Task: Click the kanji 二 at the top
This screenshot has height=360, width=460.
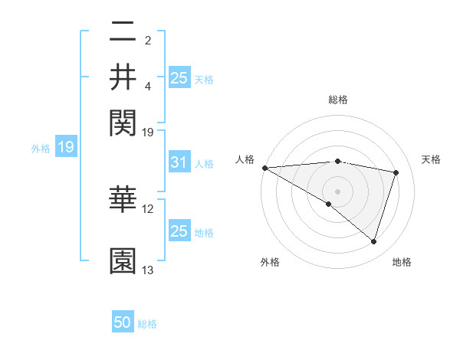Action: (x=123, y=33)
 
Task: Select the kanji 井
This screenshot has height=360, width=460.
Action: (x=123, y=77)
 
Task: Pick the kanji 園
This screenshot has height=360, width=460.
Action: (x=123, y=261)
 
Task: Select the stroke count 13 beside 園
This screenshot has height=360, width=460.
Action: (x=148, y=270)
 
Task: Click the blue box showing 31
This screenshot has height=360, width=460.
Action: (x=179, y=163)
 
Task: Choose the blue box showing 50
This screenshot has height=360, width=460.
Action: (x=123, y=322)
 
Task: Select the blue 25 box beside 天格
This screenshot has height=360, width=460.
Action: (x=179, y=78)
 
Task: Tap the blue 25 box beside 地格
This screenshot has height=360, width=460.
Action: (x=179, y=231)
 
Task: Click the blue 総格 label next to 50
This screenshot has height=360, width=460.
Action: (x=147, y=324)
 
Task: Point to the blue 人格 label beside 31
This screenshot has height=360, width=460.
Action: (x=204, y=164)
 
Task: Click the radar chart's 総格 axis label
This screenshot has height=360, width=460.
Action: (x=338, y=100)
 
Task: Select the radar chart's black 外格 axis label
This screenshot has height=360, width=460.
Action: (x=270, y=262)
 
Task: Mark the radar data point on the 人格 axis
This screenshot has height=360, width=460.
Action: (x=264, y=168)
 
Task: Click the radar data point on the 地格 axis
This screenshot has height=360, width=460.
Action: (x=373, y=241)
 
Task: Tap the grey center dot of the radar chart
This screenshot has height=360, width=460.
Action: (x=337, y=190)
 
